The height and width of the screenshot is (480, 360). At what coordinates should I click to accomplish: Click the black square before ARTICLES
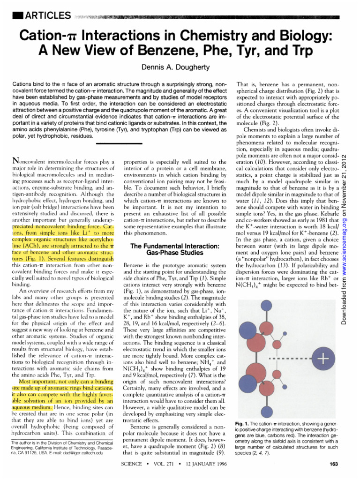(18, 15)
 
